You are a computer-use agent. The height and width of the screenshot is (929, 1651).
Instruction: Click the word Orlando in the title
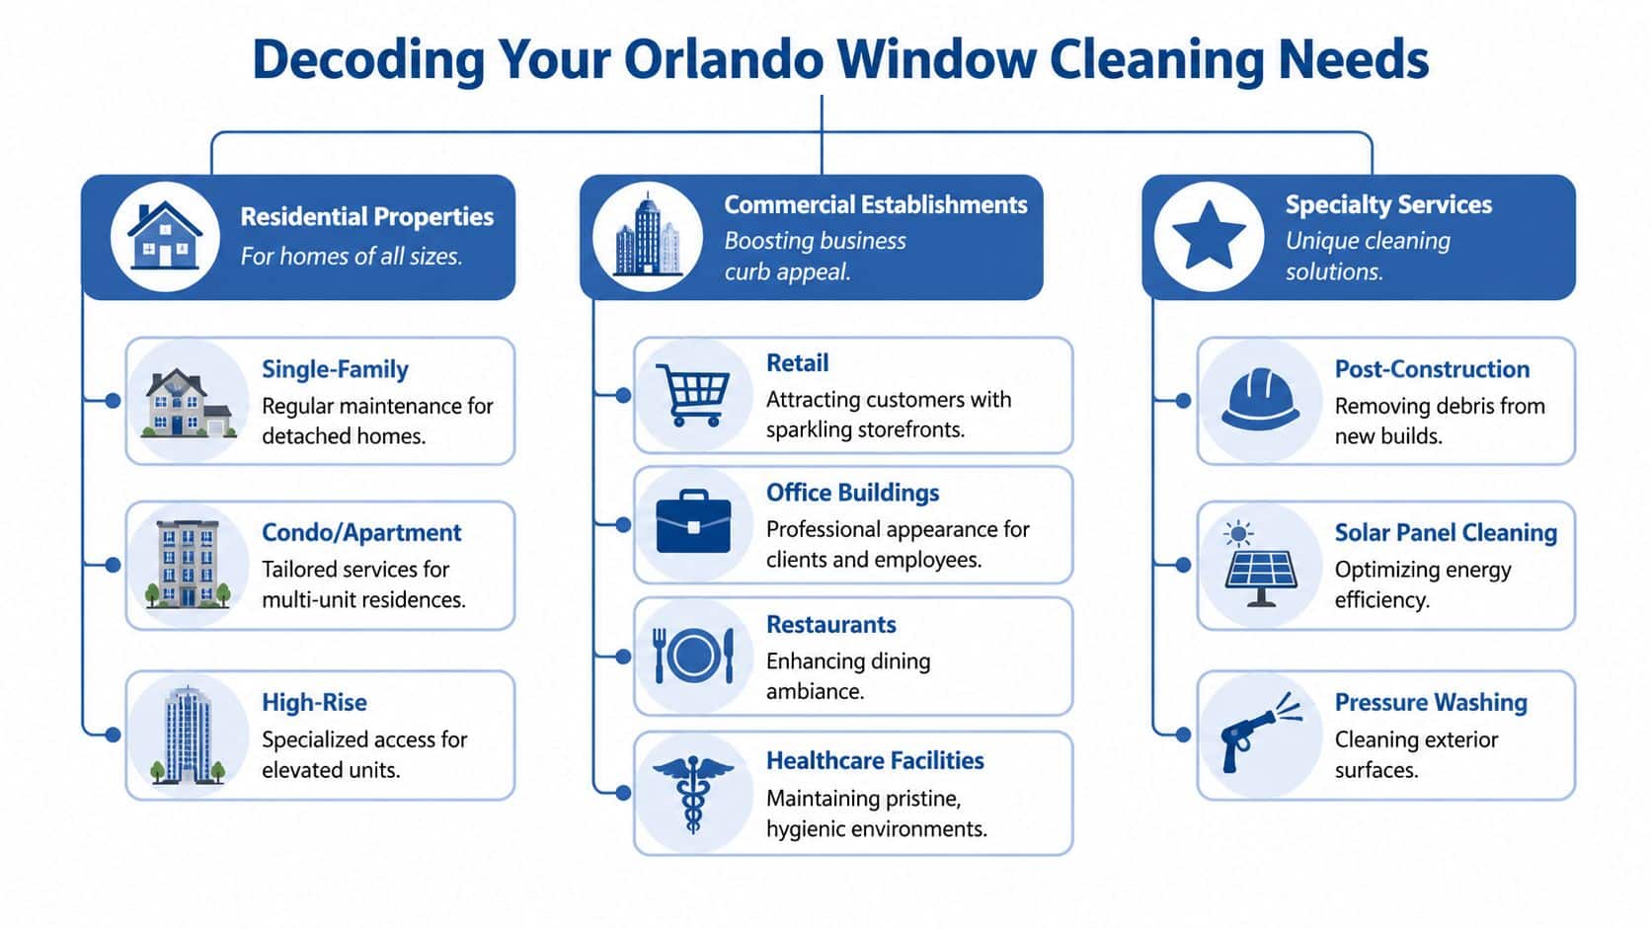723,60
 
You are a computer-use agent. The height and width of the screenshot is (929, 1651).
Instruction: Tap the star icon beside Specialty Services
1209,237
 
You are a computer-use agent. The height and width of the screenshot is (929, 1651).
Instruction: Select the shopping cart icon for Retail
693,395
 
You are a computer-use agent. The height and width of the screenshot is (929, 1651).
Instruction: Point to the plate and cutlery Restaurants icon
694,656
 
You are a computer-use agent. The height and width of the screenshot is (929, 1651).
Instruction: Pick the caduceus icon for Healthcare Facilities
693,793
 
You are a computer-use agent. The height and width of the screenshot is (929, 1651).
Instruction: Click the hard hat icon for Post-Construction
1260,400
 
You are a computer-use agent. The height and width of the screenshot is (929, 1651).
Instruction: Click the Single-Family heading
335,369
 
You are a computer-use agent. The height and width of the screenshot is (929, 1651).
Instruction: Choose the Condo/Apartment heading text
361,533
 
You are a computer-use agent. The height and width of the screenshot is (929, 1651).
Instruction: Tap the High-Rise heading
314,703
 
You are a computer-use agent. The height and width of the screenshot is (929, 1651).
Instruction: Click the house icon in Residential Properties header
165,237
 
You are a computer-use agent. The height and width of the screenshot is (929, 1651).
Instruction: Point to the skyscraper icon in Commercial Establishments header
648,237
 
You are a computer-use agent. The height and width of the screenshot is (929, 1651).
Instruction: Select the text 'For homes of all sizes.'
352,257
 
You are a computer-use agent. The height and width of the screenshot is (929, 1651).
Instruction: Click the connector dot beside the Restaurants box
623,657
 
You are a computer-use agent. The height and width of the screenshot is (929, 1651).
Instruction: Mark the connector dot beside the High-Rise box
113,735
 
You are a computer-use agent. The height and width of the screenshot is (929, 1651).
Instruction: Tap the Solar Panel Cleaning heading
1446,533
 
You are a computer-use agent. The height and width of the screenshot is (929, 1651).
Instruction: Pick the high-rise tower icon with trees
187,735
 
